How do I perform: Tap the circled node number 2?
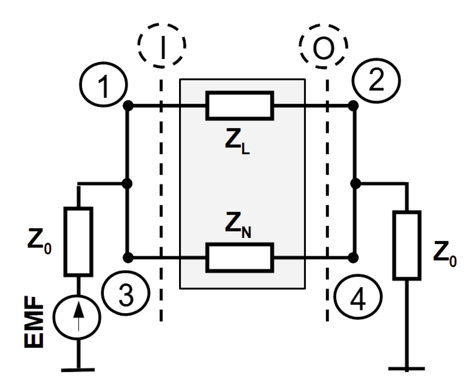pos(377,80)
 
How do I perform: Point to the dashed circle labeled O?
pos(324,45)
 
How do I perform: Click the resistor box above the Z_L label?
pos(240,106)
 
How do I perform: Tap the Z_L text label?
pos(237,143)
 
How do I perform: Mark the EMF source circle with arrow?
pos(77,316)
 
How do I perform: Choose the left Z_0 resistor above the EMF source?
pos(78,241)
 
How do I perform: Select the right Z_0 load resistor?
pos(407,246)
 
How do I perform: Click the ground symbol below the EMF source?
pos(78,369)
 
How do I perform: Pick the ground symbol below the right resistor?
pos(407,368)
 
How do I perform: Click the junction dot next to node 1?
pos(127,106)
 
